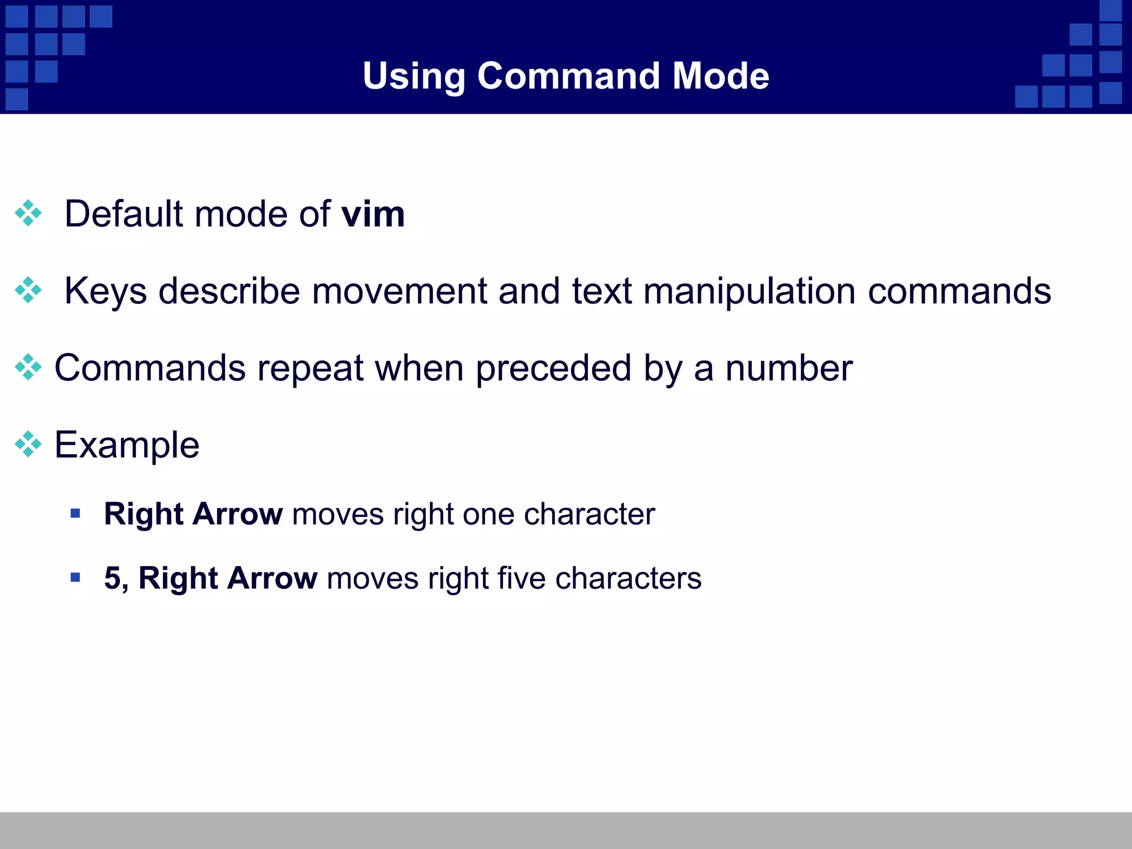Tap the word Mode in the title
[x=721, y=76]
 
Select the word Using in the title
[x=413, y=77]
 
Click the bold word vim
[x=373, y=214]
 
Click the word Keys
[x=106, y=292]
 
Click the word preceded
[x=553, y=368]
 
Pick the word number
[x=789, y=368]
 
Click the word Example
[x=127, y=446]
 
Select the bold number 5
[x=113, y=578]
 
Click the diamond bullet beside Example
[x=28, y=444]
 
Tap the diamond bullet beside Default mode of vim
[x=28, y=213]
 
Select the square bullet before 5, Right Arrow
[x=76, y=578]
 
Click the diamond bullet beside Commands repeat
[x=28, y=367]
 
